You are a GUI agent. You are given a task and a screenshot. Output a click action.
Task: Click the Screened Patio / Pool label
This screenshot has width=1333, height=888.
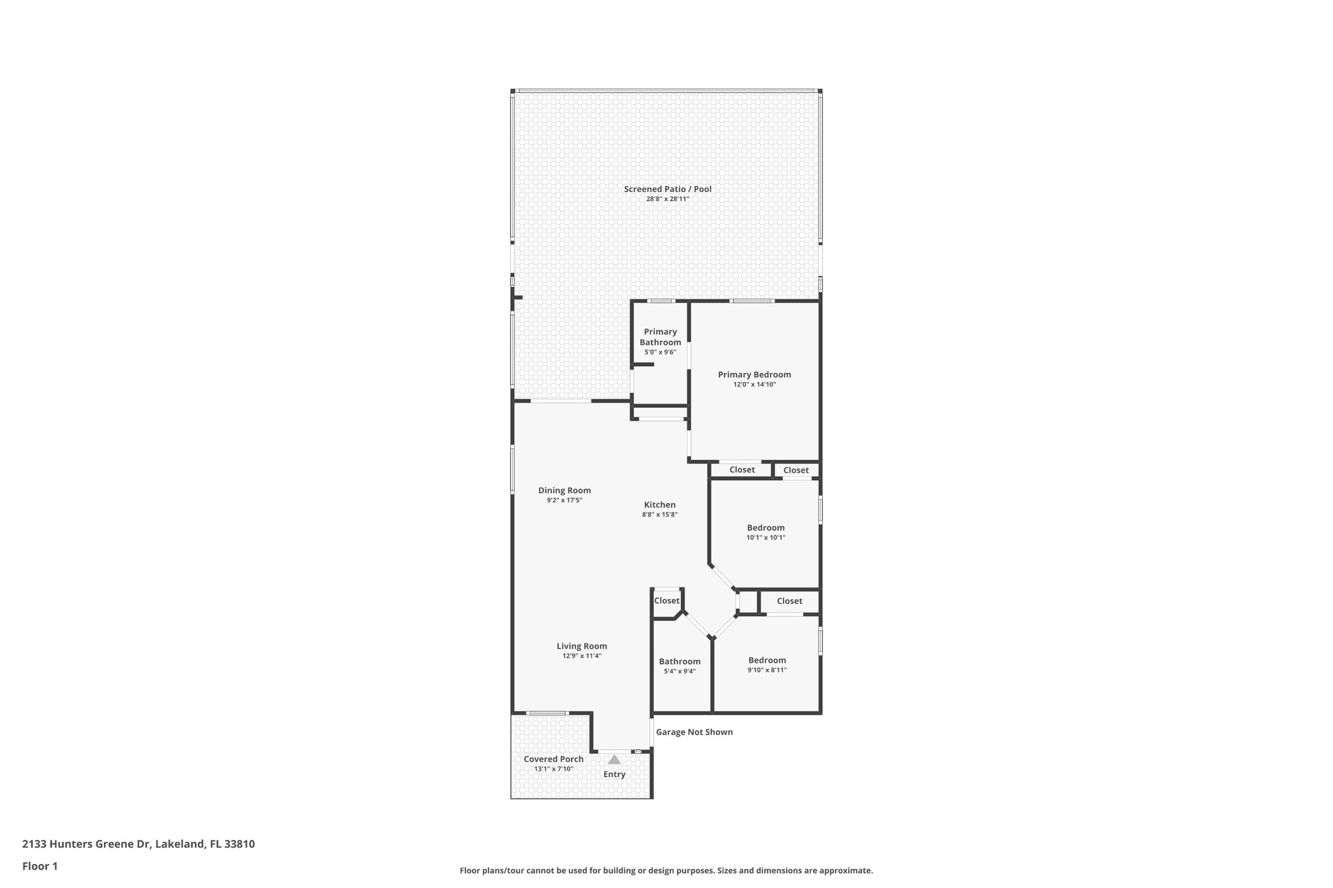[x=667, y=189]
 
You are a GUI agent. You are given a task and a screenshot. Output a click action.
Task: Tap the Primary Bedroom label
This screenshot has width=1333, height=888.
[x=754, y=375]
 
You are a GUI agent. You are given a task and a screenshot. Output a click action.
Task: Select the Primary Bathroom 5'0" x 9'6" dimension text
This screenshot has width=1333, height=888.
[x=660, y=352]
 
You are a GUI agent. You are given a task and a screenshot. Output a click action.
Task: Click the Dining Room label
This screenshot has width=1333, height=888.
[x=564, y=491]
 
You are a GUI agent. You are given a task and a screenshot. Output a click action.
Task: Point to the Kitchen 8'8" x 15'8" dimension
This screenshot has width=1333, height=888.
[x=659, y=515]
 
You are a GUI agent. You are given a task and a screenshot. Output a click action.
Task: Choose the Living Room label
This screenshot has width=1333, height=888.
[x=581, y=646]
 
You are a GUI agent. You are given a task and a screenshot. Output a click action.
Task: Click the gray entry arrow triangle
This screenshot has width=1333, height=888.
[x=614, y=759]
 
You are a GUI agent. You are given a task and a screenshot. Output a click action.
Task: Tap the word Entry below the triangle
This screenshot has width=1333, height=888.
[x=614, y=774]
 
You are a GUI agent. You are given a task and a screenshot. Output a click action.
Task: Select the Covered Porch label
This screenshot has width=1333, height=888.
[x=553, y=759]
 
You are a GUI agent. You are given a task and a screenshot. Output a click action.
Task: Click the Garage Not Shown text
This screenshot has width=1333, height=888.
[x=694, y=732]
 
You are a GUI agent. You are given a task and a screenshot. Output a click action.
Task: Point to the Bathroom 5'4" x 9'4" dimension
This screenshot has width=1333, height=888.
[x=680, y=671]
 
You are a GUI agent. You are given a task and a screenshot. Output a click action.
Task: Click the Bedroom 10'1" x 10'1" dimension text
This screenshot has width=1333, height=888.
[x=765, y=537]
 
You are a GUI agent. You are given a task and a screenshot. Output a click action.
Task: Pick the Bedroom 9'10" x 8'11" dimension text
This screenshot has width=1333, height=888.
[x=767, y=669]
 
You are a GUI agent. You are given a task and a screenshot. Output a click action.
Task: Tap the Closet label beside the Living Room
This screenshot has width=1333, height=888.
[x=666, y=600]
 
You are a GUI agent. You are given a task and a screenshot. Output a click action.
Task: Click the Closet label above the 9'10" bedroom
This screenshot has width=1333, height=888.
[x=789, y=601]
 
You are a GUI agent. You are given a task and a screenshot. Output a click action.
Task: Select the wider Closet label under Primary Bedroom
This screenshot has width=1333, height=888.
[x=741, y=470]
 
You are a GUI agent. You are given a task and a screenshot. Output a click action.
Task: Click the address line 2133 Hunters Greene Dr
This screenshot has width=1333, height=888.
[x=138, y=844]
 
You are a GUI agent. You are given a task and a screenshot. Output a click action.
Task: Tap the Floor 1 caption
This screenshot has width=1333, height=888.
[x=40, y=866]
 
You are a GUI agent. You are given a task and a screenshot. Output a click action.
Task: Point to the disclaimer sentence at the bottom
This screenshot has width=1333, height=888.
[x=666, y=870]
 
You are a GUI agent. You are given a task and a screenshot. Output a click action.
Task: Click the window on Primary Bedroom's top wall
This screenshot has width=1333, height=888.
[x=751, y=301]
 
